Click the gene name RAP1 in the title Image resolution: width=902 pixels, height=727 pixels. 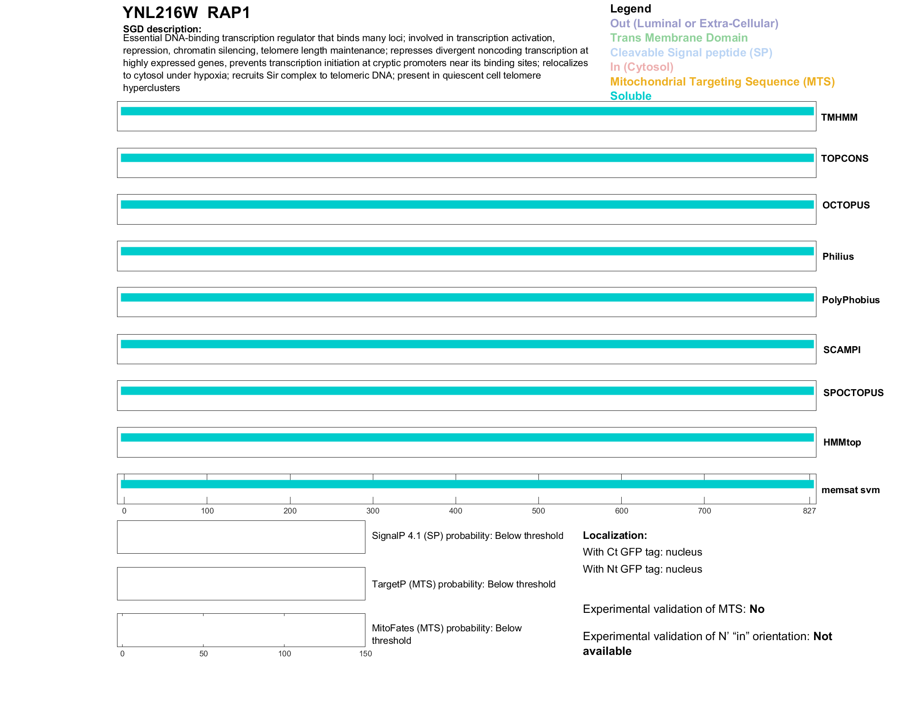(229, 13)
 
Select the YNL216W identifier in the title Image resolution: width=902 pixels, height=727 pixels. (160, 13)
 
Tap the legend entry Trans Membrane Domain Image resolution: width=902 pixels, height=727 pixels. (679, 38)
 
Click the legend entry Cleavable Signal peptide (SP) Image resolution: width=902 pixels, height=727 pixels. (691, 53)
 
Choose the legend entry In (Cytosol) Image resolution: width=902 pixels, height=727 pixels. (642, 67)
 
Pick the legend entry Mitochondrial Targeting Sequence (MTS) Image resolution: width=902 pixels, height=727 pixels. (722, 82)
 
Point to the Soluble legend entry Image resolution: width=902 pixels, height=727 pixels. (630, 96)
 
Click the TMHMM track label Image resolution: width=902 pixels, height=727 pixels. (839, 117)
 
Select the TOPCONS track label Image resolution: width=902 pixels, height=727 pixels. (844, 159)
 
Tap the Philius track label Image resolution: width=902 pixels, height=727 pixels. (838, 257)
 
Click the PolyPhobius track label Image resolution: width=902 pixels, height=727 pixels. (850, 300)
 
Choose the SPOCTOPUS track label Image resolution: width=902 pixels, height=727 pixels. (853, 393)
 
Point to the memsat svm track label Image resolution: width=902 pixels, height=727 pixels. (850, 490)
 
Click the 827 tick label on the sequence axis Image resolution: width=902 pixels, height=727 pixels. (809, 511)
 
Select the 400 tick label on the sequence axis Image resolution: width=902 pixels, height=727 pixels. (456, 511)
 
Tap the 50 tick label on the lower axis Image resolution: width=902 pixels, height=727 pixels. (204, 654)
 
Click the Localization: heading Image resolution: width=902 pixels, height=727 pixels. (615, 536)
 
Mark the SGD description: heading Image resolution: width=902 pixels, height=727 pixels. (162, 29)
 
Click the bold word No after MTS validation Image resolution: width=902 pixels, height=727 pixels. (757, 609)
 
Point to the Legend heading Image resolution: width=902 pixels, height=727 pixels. (630, 9)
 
